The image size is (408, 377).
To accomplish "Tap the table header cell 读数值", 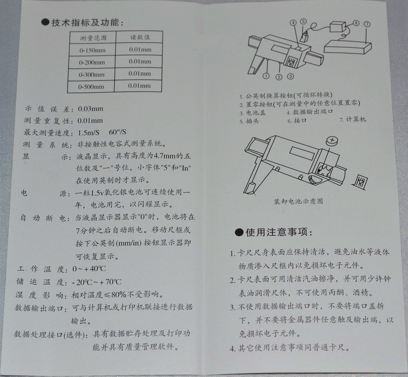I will point(139,38).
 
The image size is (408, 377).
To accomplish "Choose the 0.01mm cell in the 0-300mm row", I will point(140,74).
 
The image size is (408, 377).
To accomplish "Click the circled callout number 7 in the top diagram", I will point(368,24).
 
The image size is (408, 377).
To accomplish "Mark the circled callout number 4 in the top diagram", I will point(293,23).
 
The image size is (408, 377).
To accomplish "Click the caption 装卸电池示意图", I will point(299,200).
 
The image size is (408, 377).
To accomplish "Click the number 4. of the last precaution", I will point(232,348).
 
